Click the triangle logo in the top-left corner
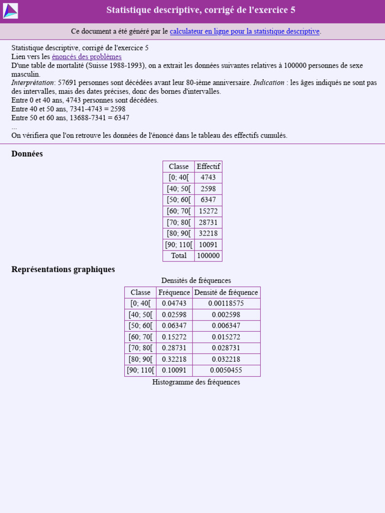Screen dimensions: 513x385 [x=11, y=11]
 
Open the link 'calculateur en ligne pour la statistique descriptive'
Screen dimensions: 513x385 [x=245, y=31]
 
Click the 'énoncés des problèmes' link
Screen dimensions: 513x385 [x=87, y=57]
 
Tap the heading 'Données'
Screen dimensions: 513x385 [x=27, y=154]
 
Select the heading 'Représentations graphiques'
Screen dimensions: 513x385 [x=63, y=269]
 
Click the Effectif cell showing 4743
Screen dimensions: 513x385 [x=208, y=177]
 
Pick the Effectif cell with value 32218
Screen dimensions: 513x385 [x=208, y=233]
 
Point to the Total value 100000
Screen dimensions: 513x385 [x=208, y=255]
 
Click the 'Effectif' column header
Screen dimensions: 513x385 [x=208, y=166]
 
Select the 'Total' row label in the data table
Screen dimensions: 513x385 [x=178, y=255]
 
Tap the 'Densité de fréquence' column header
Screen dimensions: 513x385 [x=226, y=293]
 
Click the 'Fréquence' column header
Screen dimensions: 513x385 [x=174, y=293]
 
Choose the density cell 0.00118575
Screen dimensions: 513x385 [x=226, y=304]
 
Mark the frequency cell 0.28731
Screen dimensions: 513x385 [x=174, y=348]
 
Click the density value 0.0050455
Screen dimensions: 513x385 [x=226, y=370]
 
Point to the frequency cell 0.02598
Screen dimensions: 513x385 [x=174, y=315]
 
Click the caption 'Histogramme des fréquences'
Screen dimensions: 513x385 [x=196, y=382]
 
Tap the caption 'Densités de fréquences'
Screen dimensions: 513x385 [x=196, y=281]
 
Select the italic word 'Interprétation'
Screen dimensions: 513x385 [x=33, y=83]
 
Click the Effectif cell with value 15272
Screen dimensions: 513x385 [x=208, y=211]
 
